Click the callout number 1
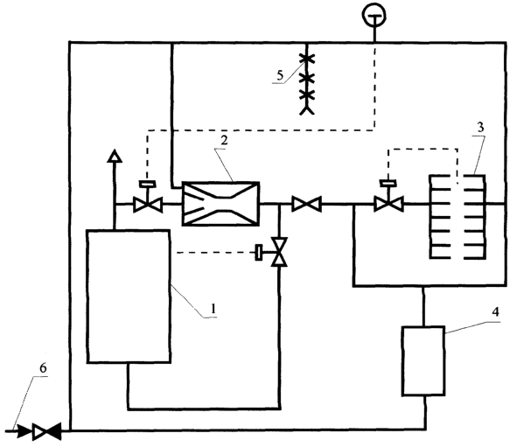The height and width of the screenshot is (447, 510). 213,308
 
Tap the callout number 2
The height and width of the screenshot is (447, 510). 224,140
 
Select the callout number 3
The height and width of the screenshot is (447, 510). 481,127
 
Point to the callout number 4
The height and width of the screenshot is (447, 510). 495,312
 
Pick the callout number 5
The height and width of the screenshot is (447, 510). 280,75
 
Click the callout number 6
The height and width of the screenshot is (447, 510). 43,368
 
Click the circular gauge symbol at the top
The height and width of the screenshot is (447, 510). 374,15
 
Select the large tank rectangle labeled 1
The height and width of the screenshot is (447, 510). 129,296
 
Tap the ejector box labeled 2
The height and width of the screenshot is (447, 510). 220,204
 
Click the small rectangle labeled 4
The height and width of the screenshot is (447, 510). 423,361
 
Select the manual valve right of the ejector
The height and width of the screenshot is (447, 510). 306,204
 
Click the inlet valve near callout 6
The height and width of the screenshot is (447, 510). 46,431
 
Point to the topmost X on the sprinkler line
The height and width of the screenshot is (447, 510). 307,59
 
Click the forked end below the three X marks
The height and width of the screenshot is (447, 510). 307,110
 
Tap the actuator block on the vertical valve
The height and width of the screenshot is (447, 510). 259,252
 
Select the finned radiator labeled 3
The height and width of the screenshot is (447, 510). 458,217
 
